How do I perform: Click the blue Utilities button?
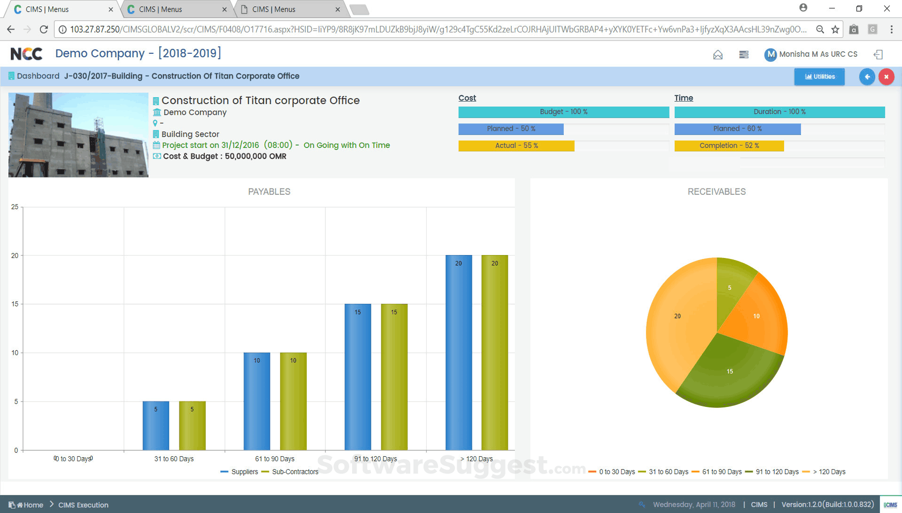point(819,76)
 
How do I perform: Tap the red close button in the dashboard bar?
point(886,76)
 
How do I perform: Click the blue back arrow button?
point(867,76)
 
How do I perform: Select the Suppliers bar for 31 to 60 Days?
point(156,425)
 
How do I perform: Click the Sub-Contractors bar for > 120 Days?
point(495,352)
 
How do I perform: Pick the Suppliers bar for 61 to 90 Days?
point(257,401)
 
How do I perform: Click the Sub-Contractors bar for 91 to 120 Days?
point(394,377)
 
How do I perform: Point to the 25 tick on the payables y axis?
point(15,207)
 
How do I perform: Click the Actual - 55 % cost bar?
point(516,146)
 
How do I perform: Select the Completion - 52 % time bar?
point(729,146)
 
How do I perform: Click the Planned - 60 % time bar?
point(737,129)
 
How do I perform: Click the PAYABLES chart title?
point(269,192)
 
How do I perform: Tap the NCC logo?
point(27,54)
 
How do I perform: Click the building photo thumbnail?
point(78,135)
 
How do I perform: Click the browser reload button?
point(44,30)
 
